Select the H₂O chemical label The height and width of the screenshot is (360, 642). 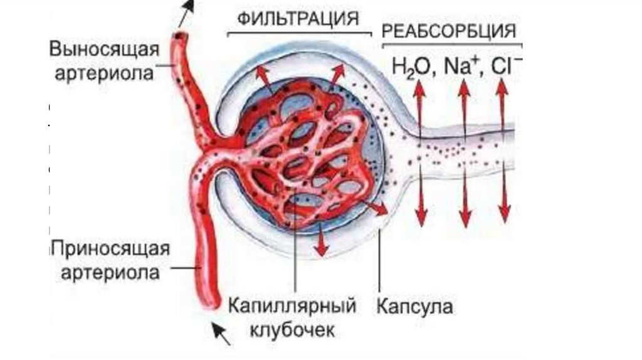(x=411, y=65)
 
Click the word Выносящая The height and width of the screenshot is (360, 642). (x=103, y=48)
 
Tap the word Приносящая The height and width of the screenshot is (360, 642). (x=110, y=246)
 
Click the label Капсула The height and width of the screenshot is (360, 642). (x=415, y=307)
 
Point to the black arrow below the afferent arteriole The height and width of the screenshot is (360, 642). (x=221, y=333)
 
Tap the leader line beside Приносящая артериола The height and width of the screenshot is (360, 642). (x=186, y=268)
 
